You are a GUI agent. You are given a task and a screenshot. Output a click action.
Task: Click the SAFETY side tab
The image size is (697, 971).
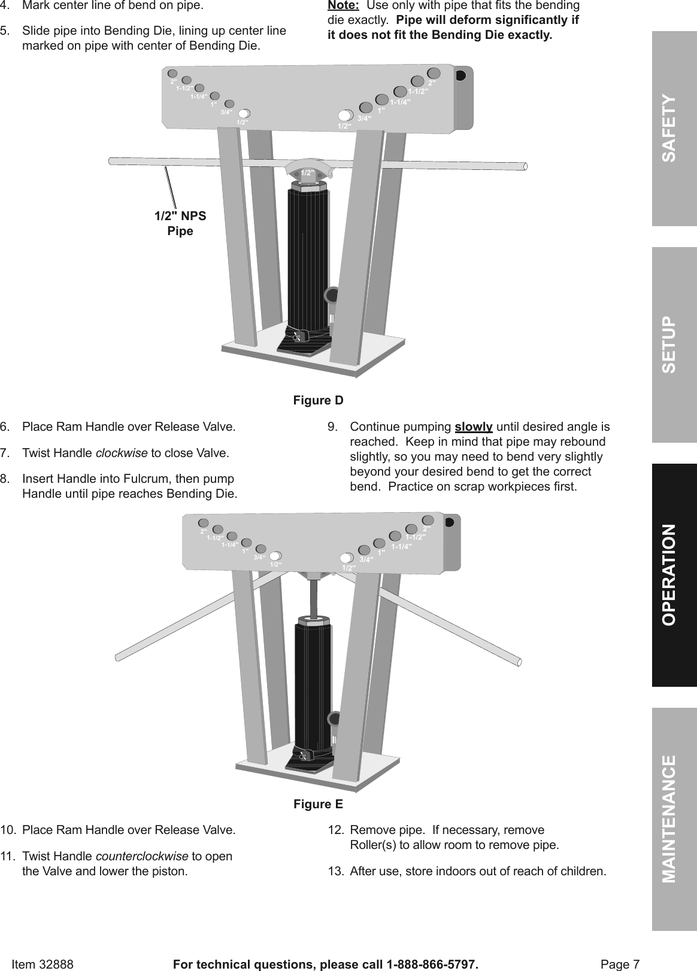pyautogui.click(x=674, y=128)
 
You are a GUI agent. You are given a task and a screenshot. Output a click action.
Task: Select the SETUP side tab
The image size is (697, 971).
pyautogui.click(x=674, y=345)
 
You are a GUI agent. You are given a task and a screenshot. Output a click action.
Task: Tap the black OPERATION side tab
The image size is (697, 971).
pyautogui.click(x=674, y=575)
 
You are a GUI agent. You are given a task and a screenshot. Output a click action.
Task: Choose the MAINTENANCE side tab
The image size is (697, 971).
pyautogui.click(x=674, y=819)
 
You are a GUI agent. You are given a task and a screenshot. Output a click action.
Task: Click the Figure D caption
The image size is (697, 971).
pyautogui.click(x=318, y=400)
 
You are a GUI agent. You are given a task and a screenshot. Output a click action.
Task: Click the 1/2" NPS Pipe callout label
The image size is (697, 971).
pyautogui.click(x=180, y=223)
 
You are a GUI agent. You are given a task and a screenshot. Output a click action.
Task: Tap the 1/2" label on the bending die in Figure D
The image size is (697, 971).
pyautogui.click(x=308, y=172)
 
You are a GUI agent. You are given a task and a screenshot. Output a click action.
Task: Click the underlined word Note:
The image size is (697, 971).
pyautogui.click(x=343, y=5)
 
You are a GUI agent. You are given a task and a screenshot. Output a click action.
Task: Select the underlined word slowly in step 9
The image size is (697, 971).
pyautogui.click(x=474, y=427)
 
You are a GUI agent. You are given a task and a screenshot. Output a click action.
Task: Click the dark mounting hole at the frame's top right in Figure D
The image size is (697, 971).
pyautogui.click(x=460, y=76)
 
